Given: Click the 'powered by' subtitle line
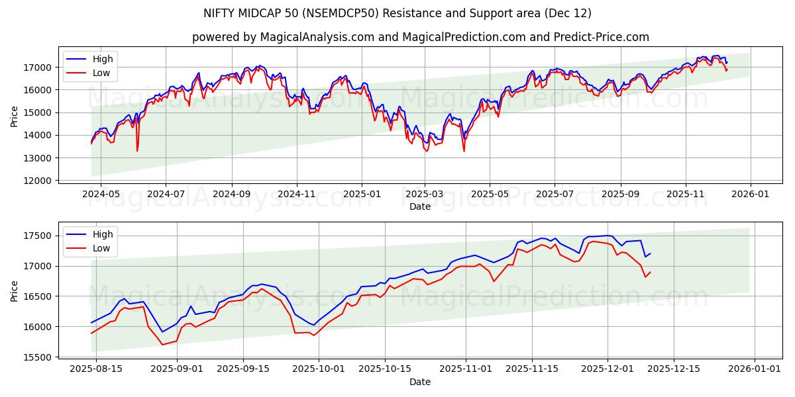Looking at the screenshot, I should coord(420,37).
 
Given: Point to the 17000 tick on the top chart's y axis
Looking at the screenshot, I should coord(38,67).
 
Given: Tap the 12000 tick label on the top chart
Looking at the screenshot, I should coord(38,181).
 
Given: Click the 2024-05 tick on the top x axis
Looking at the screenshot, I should coord(101,194).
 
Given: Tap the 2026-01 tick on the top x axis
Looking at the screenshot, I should coord(750,194).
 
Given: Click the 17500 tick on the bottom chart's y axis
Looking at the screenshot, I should coord(38,236).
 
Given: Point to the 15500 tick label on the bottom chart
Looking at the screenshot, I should coord(38,357).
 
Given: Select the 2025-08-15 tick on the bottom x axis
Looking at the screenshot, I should coord(96,369).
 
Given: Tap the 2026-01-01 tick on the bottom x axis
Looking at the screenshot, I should coord(749,369).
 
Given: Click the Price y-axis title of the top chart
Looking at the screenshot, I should coord(15,116).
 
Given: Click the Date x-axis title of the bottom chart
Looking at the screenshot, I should coord(420,382).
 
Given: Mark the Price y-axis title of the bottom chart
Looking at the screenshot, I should coord(15,291).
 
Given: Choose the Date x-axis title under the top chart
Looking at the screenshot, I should coord(420,206).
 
